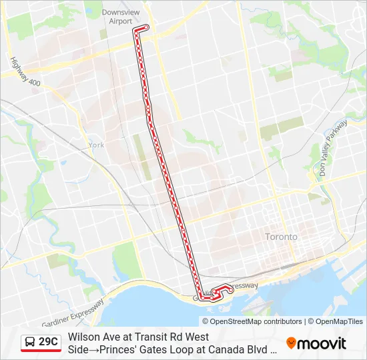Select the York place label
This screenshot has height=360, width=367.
pyautogui.click(x=96, y=145)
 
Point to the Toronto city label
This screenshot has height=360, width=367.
pyautogui.click(x=281, y=237)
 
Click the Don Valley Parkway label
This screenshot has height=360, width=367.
pyautogui.click(x=333, y=147)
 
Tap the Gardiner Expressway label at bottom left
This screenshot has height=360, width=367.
pyautogui.click(x=73, y=313)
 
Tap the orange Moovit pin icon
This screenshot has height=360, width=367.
pyautogui.click(x=291, y=343)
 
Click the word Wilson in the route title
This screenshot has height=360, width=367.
pyautogui.click(x=83, y=337)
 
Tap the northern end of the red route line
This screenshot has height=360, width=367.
pyautogui.click(x=147, y=27)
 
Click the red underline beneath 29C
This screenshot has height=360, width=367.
pyautogui.click(x=41, y=351)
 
